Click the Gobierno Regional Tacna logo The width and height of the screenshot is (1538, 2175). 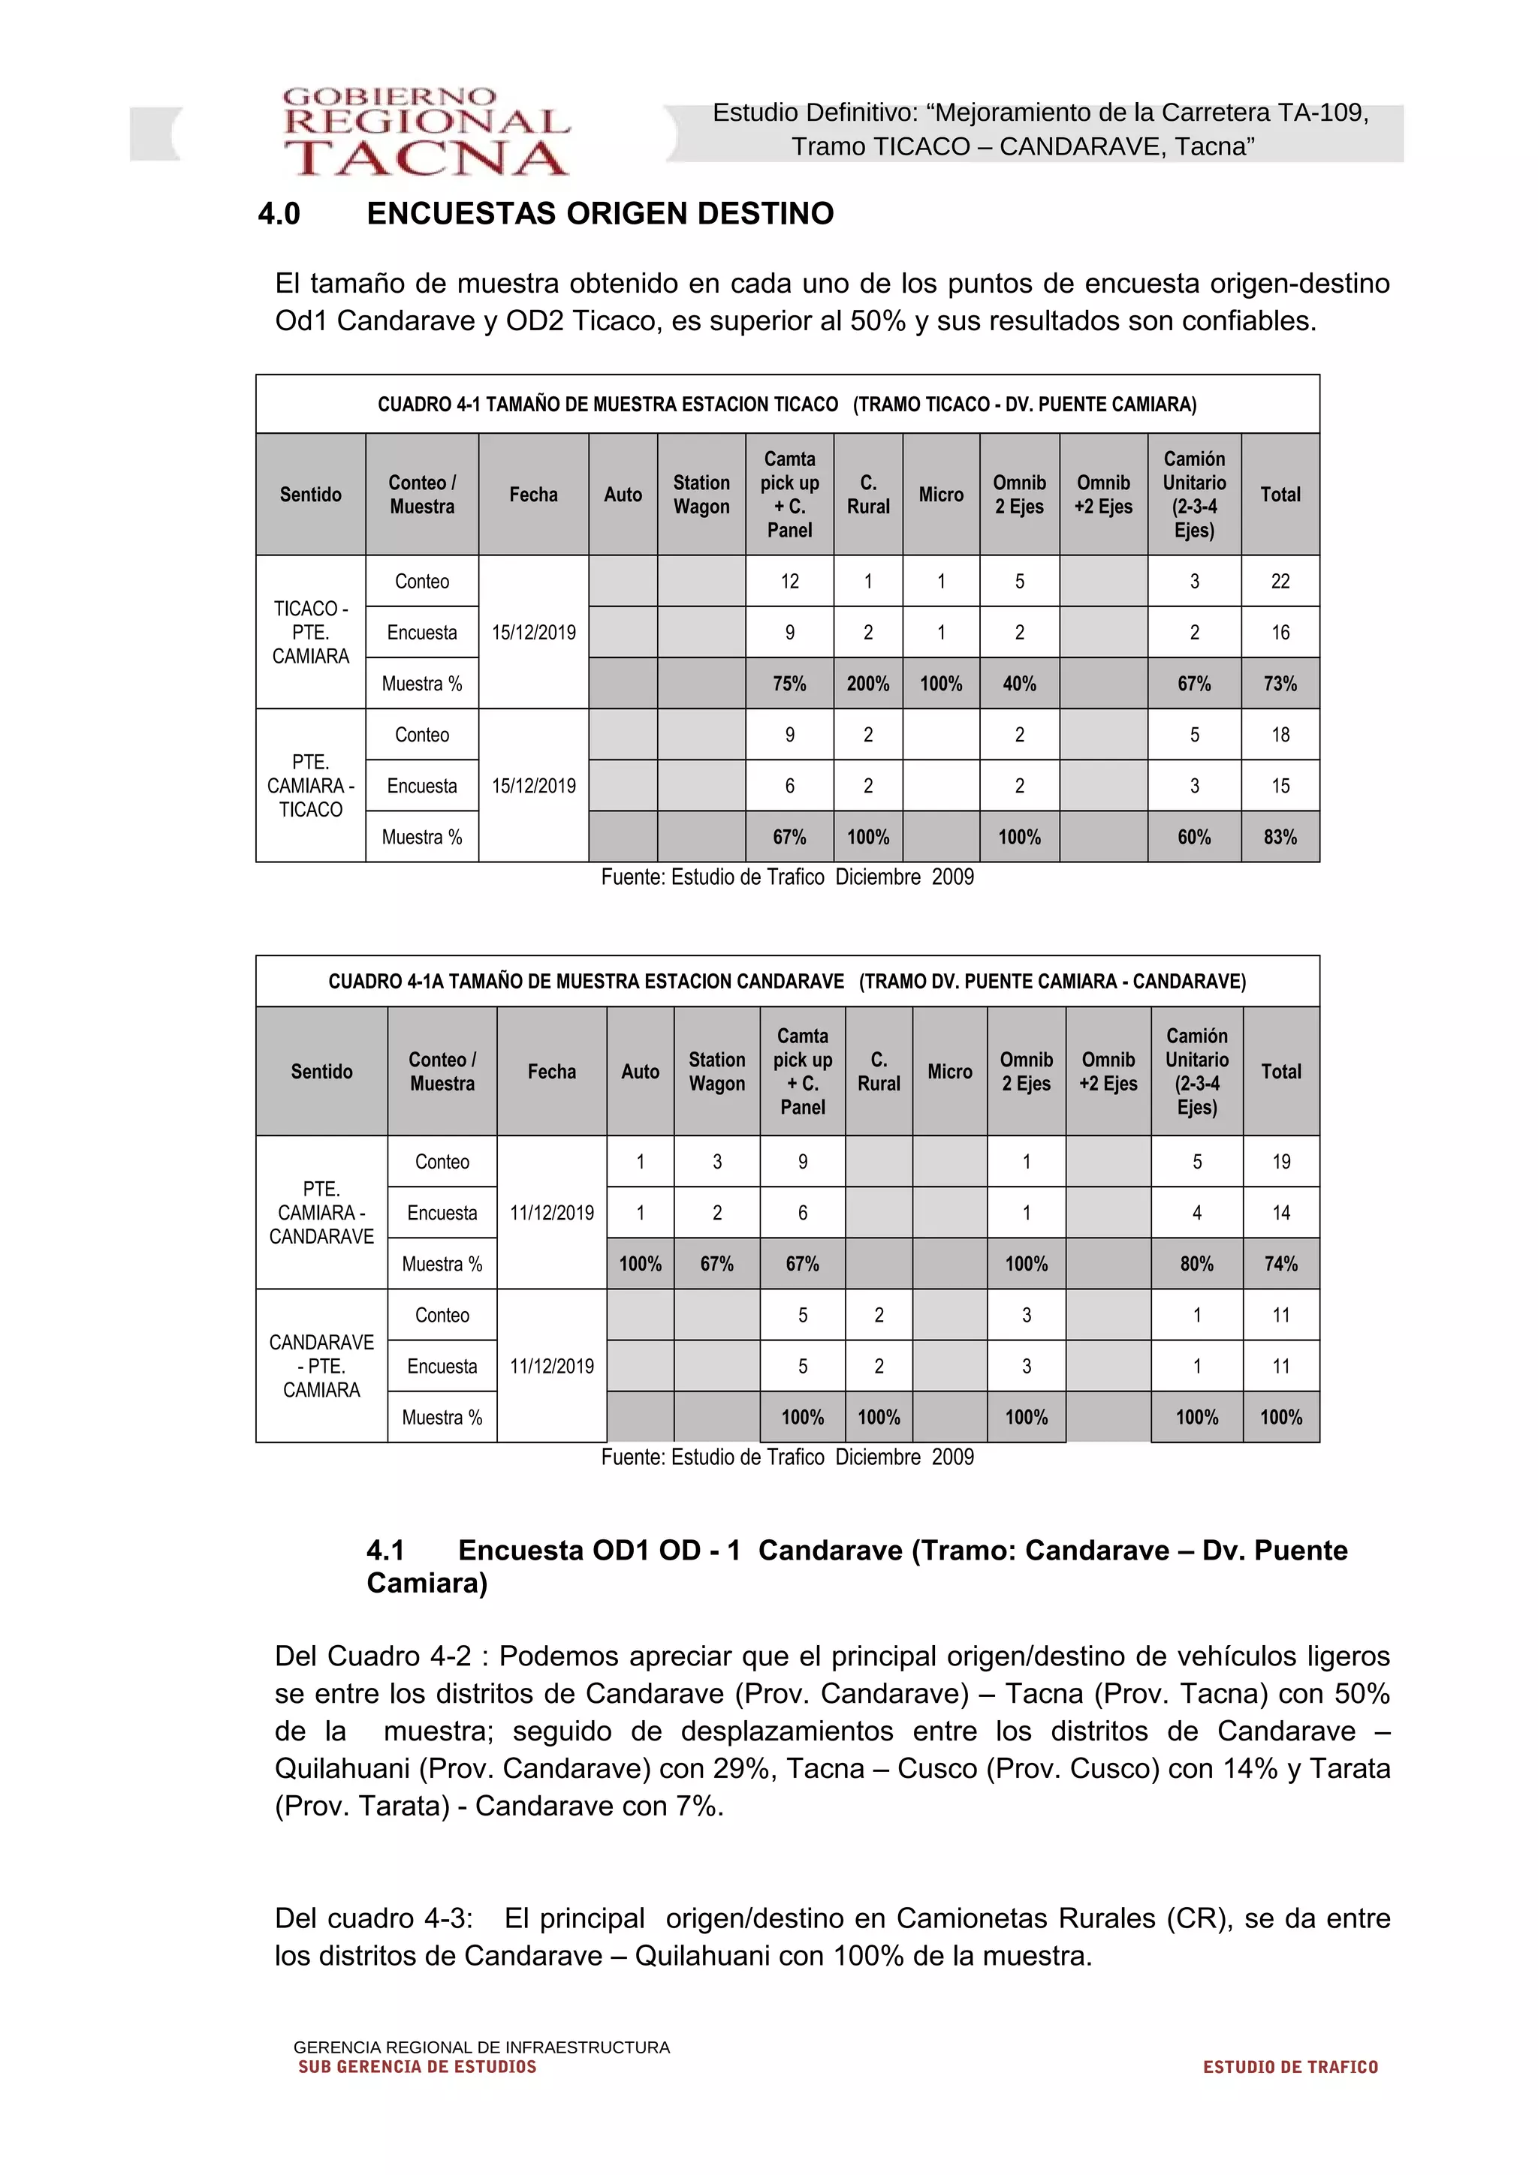(x=426, y=133)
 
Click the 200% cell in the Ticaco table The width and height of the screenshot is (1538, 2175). (x=867, y=683)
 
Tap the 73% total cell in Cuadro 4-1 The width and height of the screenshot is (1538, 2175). (x=1280, y=683)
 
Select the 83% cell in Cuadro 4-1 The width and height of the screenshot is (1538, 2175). (x=1280, y=837)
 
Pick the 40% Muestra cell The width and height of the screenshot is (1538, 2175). (x=1019, y=683)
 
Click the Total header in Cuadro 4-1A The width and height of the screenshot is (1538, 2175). (x=1280, y=1072)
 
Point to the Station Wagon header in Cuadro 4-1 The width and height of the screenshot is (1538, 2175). (x=701, y=495)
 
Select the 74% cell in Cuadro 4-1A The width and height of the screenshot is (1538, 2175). (x=1280, y=1264)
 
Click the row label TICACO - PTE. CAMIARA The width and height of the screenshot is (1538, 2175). (x=311, y=632)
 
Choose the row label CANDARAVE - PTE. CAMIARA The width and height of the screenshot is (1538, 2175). (x=321, y=1366)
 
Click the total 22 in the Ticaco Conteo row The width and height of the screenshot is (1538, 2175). (x=1280, y=581)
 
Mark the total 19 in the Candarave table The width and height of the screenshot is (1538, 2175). (x=1280, y=1161)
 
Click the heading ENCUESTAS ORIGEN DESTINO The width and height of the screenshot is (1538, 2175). (x=600, y=213)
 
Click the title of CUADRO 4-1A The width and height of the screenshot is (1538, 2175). (x=786, y=982)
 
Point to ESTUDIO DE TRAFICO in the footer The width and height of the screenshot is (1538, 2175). (x=1289, y=2067)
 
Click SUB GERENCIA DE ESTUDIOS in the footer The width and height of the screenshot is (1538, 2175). (x=417, y=2067)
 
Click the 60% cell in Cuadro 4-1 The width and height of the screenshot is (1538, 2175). (x=1193, y=837)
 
